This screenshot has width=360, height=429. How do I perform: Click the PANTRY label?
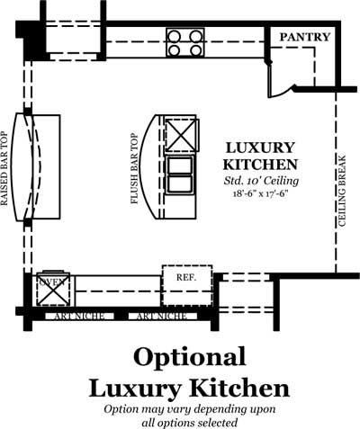(305, 37)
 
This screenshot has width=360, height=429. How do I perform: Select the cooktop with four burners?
(184, 42)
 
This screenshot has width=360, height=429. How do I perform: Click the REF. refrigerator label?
(186, 277)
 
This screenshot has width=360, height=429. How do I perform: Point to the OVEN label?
(53, 282)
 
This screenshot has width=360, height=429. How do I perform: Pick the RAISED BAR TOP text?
(4, 169)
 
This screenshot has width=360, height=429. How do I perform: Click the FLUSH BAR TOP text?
(135, 169)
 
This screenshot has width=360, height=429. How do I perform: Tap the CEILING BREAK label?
(342, 191)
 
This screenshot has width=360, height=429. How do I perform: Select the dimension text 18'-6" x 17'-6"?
(258, 193)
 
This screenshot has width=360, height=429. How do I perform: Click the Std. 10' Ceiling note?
(261, 181)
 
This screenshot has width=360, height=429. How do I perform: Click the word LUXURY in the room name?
(260, 147)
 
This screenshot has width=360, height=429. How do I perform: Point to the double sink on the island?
(180, 174)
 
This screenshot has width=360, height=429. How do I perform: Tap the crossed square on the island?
(181, 134)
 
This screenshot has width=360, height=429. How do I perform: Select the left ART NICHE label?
(79, 317)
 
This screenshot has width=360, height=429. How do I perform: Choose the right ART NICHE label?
(162, 317)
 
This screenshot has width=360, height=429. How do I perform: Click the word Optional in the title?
(190, 357)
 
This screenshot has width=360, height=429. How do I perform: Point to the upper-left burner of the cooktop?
(174, 37)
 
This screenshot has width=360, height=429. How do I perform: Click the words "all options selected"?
(189, 423)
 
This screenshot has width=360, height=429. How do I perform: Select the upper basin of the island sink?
(180, 165)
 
